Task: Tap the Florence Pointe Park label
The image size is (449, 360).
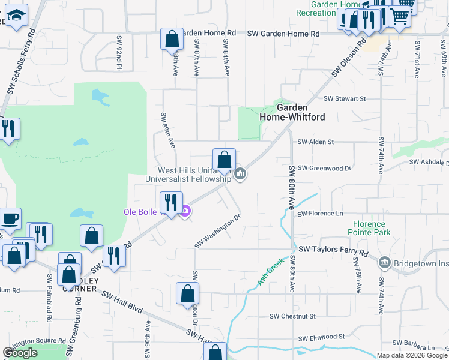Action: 369,227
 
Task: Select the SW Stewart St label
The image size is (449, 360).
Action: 345,98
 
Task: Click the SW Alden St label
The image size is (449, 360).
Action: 315,142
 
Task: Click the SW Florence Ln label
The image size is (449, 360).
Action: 321,213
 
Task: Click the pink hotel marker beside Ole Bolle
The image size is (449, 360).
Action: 185,211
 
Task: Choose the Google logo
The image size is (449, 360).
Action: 20,353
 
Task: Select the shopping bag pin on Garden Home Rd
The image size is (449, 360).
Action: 172,40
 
